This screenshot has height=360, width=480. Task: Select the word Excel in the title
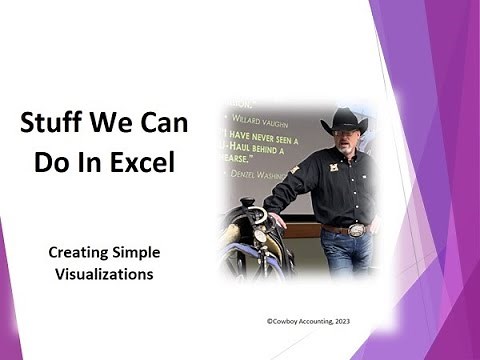147,160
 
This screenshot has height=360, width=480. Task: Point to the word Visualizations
104,274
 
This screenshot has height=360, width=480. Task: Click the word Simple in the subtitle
135,252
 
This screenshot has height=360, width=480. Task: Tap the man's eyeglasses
343,133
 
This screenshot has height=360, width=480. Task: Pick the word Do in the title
53,160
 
